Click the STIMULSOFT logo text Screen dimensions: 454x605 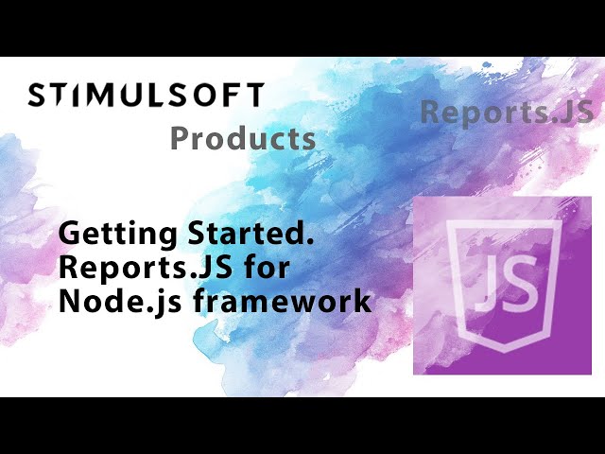pyautogui.click(x=146, y=96)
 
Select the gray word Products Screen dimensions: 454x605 pyautogui.click(x=243, y=139)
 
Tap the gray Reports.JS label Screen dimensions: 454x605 pyautogui.click(x=507, y=112)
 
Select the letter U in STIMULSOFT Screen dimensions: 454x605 pyautogui.click(x=130, y=96)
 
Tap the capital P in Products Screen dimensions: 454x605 pyautogui.click(x=180, y=139)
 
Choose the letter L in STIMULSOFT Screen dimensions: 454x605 pyautogui.click(x=152, y=96)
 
